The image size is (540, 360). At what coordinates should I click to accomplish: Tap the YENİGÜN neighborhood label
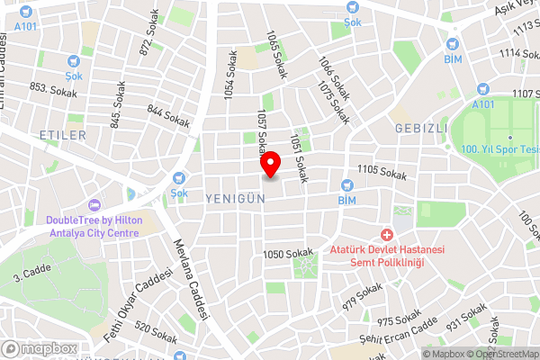click(x=234, y=196)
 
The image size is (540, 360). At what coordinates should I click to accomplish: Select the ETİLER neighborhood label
click(x=63, y=135)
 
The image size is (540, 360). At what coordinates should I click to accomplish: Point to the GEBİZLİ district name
click(x=420, y=129)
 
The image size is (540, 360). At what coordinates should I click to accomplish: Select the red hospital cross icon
click(x=386, y=234)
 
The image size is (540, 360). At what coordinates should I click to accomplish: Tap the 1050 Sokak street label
click(x=287, y=256)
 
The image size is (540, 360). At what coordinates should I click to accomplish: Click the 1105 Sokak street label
click(x=382, y=170)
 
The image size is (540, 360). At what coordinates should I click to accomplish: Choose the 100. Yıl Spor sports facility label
click(x=499, y=148)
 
